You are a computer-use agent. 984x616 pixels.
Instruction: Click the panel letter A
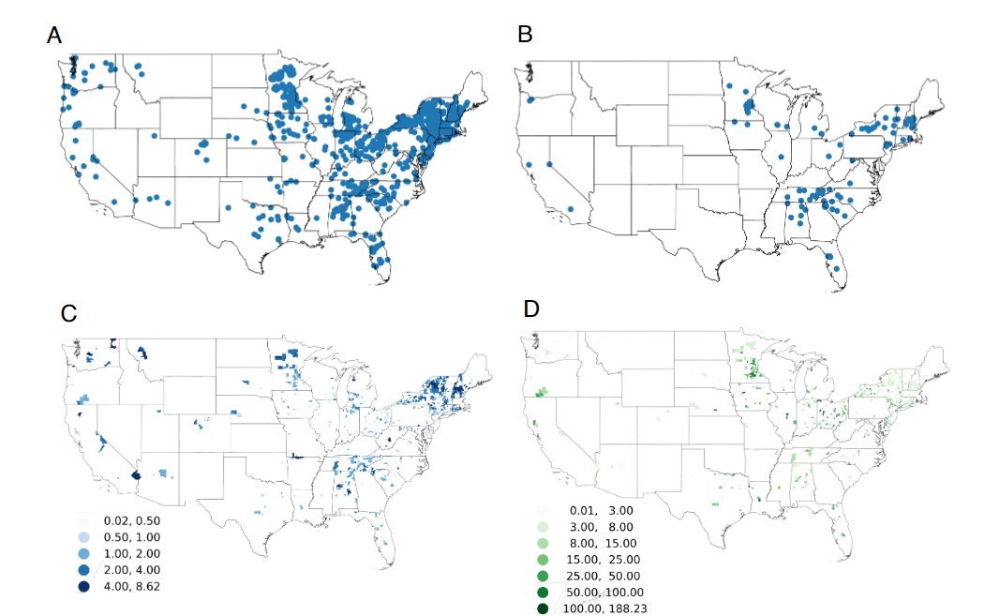[54, 37]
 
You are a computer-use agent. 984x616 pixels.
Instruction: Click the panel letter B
[525, 36]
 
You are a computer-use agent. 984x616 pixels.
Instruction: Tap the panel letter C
[67, 314]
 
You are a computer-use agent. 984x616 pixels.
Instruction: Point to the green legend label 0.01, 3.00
[607, 509]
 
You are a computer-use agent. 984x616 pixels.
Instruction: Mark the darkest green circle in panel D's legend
[543, 608]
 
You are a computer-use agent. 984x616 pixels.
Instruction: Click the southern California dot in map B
[571, 221]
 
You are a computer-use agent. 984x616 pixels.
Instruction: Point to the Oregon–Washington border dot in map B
[530, 99]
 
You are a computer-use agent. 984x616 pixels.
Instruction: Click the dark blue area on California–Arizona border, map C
[136, 475]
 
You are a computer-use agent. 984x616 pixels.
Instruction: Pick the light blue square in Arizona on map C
[163, 473]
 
